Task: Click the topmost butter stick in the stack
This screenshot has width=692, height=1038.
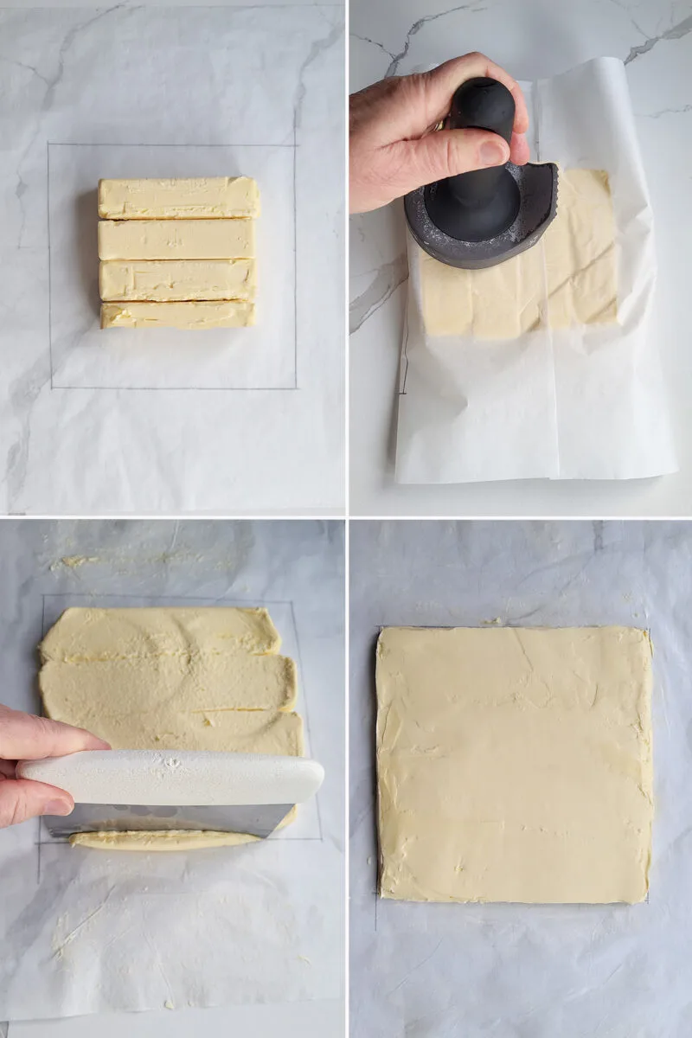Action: click(178, 198)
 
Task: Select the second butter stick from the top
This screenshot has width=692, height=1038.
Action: click(176, 240)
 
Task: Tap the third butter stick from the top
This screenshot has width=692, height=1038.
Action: click(177, 280)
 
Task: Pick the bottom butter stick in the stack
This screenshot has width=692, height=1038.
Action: click(177, 315)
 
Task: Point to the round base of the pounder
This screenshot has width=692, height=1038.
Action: click(480, 221)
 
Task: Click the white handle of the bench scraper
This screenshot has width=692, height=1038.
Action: click(173, 776)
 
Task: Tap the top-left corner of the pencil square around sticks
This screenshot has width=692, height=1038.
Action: click(49, 144)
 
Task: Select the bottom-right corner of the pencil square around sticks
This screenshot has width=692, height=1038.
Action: click(296, 388)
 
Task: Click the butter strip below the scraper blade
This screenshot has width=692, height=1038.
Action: click(164, 840)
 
